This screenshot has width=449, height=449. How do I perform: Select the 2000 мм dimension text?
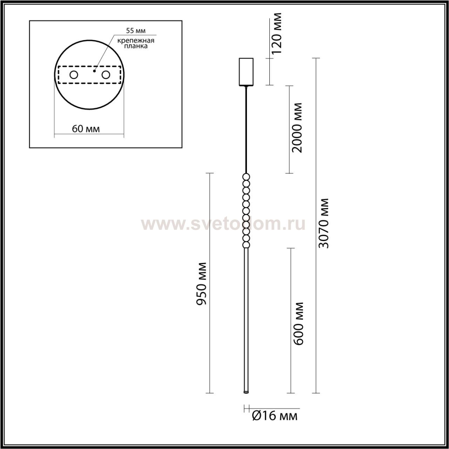click(x=297, y=128)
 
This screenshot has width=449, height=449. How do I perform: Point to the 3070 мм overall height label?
click(x=323, y=223)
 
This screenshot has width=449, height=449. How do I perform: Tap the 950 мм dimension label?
click(x=201, y=283)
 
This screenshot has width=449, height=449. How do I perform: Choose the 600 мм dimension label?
click(x=299, y=324)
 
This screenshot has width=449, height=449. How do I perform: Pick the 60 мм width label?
click(x=86, y=129)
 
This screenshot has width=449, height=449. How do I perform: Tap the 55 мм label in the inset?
click(x=136, y=31)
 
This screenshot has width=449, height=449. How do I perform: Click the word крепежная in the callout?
click(x=136, y=41)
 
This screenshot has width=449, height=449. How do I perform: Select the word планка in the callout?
click(x=136, y=46)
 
